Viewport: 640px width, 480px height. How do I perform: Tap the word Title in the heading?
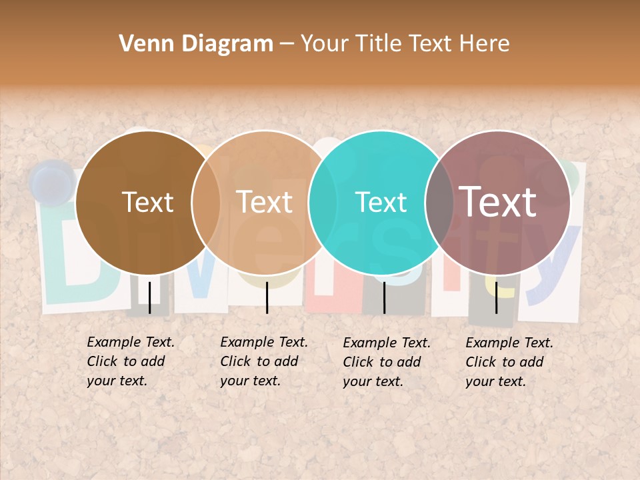tap(377, 44)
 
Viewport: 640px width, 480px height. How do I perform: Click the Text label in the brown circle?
tap(147, 202)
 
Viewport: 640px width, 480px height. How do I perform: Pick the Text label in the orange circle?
tap(265, 202)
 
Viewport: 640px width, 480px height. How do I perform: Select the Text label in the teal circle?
tap(381, 202)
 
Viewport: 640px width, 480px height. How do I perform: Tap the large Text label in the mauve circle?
tap(498, 202)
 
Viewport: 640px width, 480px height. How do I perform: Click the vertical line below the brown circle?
tap(149, 297)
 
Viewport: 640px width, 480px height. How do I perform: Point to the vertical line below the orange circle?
tap(267, 297)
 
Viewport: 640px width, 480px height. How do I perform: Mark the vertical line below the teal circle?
tap(384, 297)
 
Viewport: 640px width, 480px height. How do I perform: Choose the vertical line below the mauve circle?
tap(496, 297)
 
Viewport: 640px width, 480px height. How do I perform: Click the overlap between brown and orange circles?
tap(206, 203)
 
